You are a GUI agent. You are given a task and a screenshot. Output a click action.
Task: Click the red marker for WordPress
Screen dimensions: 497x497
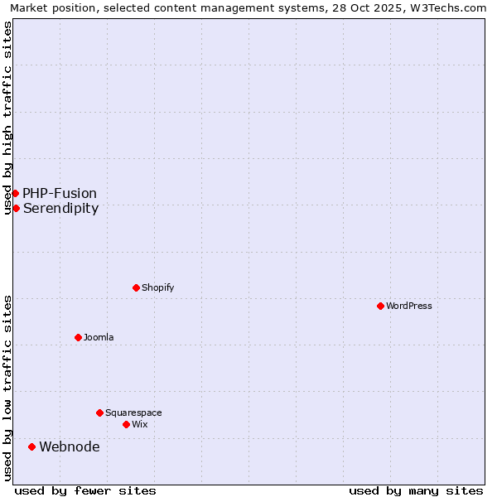tap(380, 306)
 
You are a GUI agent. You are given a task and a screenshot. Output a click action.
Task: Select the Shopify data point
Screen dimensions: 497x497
tap(136, 287)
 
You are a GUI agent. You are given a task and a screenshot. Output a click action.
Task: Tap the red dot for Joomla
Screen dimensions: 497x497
tap(78, 337)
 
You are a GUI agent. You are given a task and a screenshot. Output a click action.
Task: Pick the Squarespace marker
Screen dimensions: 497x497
tap(99, 413)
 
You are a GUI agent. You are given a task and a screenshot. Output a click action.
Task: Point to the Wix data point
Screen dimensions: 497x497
tap(126, 424)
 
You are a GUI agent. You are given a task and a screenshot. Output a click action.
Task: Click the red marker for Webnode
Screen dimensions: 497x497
tap(31, 446)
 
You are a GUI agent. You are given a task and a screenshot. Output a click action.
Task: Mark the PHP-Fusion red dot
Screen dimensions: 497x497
tap(15, 193)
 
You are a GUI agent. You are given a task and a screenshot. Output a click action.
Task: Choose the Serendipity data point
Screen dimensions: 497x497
tap(16, 208)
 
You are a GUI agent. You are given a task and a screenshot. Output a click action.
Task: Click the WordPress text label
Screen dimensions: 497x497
tap(409, 306)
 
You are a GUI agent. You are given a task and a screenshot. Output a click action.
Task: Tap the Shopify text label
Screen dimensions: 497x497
tap(157, 287)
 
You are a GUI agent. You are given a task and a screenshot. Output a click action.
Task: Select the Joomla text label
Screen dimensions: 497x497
tap(99, 337)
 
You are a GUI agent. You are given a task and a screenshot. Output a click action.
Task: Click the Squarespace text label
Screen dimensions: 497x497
tap(133, 413)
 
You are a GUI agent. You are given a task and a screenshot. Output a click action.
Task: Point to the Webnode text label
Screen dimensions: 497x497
tap(70, 447)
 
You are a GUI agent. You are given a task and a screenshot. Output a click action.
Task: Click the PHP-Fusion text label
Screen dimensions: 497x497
tap(60, 194)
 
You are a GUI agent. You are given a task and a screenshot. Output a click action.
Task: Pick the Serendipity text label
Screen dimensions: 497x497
tap(60, 209)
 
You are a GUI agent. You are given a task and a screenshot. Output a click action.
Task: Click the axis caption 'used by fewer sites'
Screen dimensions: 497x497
tap(85, 490)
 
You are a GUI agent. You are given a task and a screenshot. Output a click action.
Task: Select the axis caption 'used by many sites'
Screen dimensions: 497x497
tap(416, 490)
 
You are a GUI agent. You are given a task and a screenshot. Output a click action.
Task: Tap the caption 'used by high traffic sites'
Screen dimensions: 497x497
tap(7, 118)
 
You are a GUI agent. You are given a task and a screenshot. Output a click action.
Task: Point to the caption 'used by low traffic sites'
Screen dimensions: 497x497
tap(7, 388)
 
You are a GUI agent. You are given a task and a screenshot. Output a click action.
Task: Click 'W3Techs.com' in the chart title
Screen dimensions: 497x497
tap(448, 7)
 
